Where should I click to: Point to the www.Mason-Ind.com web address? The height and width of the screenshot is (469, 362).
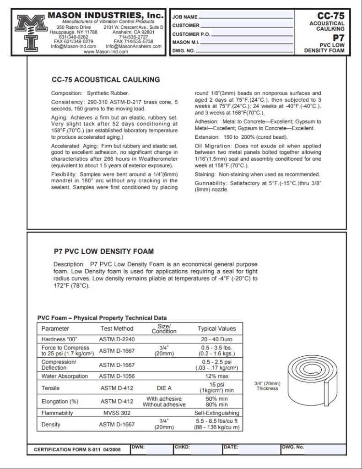(106, 52)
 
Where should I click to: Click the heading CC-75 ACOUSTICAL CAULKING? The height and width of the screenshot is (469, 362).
(106, 79)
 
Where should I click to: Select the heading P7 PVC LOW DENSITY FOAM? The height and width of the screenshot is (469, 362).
(103, 251)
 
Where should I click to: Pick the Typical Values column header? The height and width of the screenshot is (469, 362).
(216, 328)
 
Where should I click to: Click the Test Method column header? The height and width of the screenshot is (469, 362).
(117, 328)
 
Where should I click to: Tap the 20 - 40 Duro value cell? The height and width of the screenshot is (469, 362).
(216, 339)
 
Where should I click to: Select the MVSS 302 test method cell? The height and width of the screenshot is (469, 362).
(116, 413)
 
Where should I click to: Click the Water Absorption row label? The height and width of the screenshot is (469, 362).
(65, 376)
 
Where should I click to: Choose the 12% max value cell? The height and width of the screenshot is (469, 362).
(216, 376)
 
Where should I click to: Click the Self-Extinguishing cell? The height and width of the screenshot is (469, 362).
(216, 413)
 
